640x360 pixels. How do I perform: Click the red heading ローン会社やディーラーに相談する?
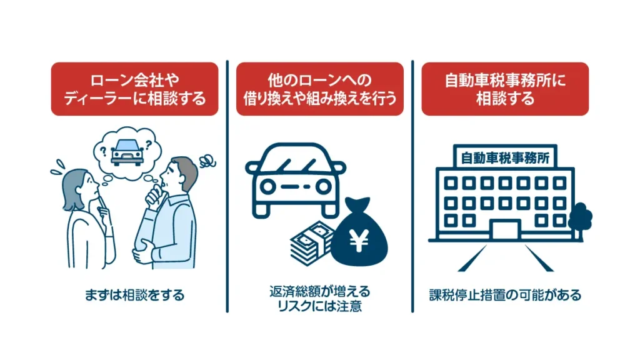click(x=134, y=89)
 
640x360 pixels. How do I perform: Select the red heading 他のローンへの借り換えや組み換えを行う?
click(x=320, y=89)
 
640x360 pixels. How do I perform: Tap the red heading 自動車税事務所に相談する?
click(x=505, y=89)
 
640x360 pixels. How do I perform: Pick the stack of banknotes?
click(x=310, y=246)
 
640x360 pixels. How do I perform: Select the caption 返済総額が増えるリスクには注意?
click(x=320, y=299)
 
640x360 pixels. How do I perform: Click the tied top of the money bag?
click(x=359, y=206)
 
